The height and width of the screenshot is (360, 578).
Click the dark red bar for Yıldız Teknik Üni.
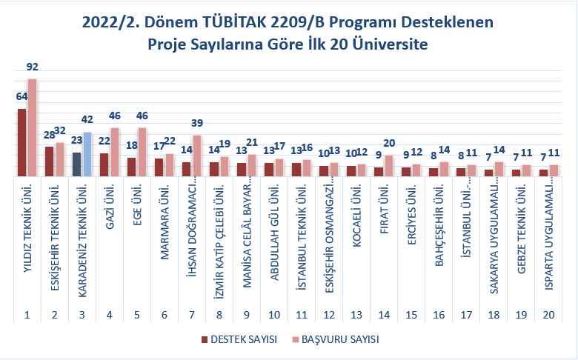pyautogui.click(x=22, y=142)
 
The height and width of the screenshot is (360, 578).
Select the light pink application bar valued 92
pyautogui.click(x=32, y=127)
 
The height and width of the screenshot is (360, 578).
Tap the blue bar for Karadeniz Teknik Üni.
pyautogui.click(x=87, y=154)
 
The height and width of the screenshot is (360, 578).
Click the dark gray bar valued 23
pyautogui.click(x=77, y=164)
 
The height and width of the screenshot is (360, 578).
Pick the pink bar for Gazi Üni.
pyautogui.click(x=114, y=152)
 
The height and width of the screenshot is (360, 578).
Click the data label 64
pyautogui.click(x=21, y=97)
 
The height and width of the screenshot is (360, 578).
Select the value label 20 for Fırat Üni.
pyautogui.click(x=389, y=144)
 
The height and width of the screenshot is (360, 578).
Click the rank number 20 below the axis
pyautogui.click(x=548, y=315)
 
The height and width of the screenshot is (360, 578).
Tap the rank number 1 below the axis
pyautogui.click(x=27, y=315)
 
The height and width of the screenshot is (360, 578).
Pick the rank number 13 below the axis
pyautogui.click(x=356, y=315)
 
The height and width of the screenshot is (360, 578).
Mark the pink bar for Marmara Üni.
pyautogui.click(x=169, y=164)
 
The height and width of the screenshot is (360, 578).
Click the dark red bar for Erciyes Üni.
pyautogui.click(x=405, y=171)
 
